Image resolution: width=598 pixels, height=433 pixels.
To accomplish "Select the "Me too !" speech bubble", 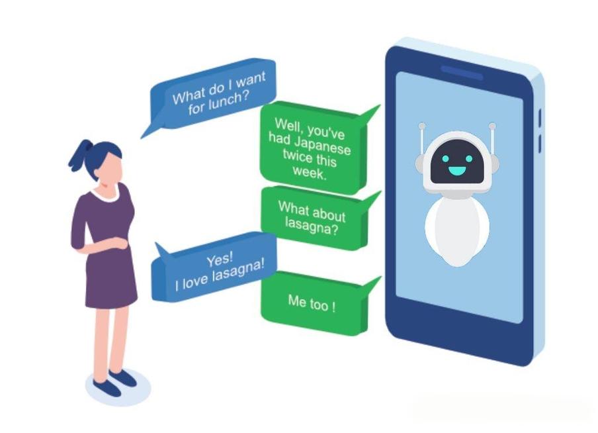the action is click(312, 304).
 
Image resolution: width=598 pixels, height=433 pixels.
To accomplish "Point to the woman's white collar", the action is click(107, 194).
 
